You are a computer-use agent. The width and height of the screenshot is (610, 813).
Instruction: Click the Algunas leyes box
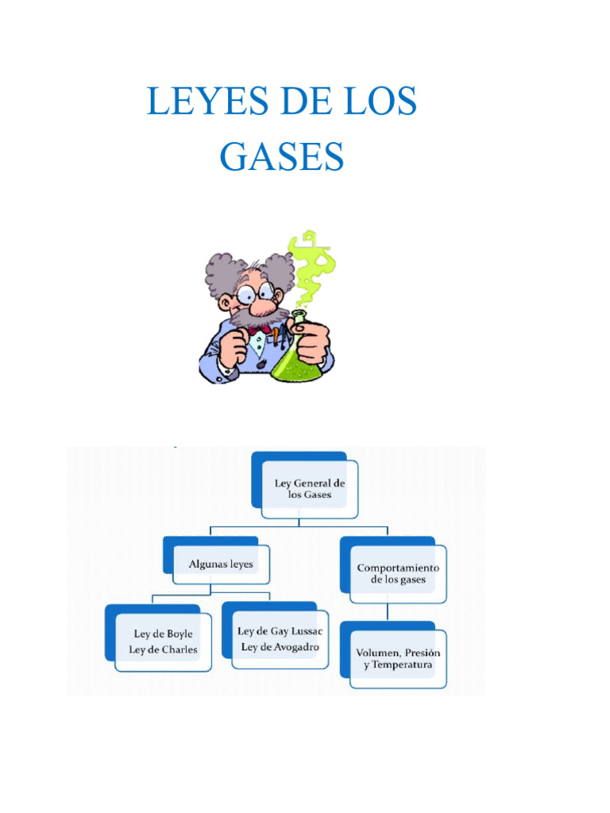(x=221, y=564)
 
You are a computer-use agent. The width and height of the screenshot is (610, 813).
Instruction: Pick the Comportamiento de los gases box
(x=397, y=573)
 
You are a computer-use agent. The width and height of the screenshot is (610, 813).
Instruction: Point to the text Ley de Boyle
(x=163, y=634)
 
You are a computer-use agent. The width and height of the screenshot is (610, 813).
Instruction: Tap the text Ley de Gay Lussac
(x=281, y=631)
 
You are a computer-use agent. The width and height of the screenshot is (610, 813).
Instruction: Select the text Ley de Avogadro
(x=280, y=647)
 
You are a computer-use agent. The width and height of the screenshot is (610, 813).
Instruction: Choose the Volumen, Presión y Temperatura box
(x=397, y=658)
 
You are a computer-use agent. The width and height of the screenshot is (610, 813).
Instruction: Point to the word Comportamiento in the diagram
(x=398, y=568)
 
